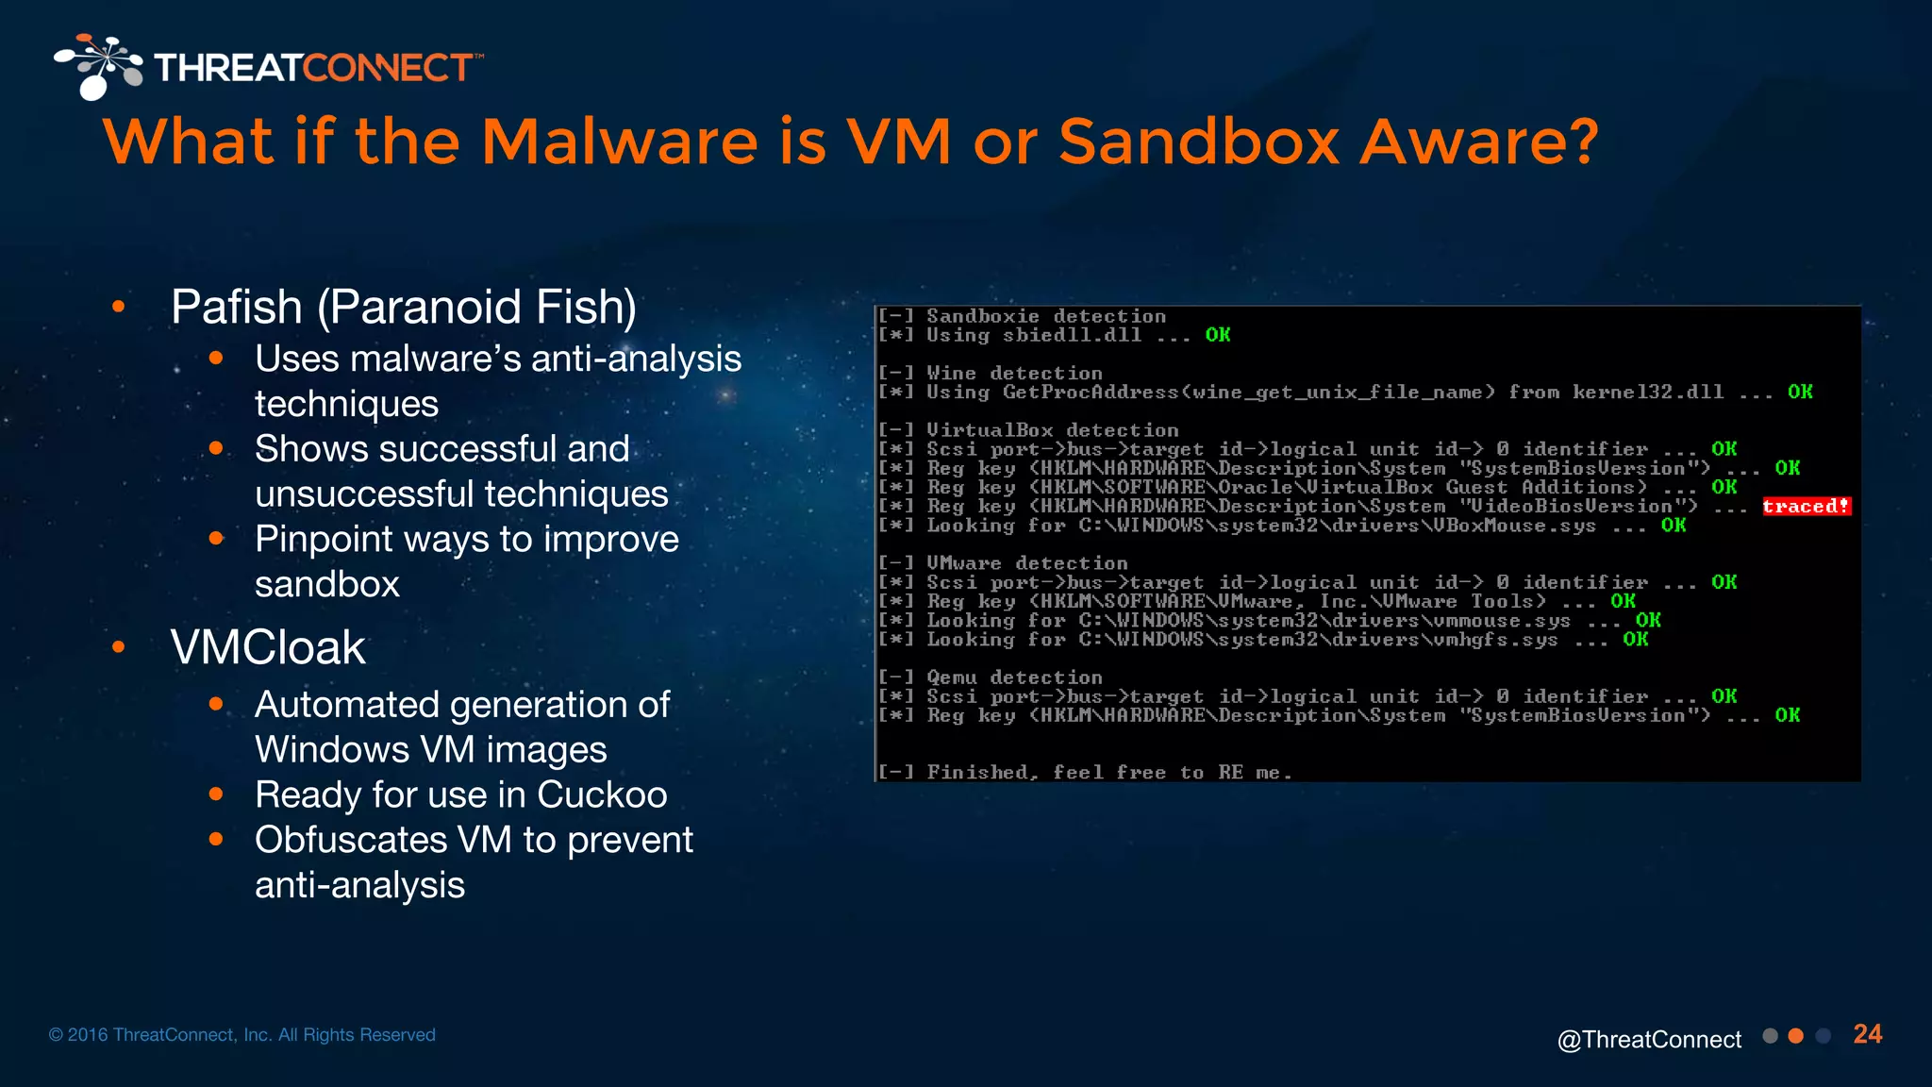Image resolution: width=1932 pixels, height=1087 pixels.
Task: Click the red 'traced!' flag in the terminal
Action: pos(1806,507)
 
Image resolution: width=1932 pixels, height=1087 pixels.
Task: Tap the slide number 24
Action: pos(1867,1034)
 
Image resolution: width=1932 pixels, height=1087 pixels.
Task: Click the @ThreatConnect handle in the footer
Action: pos(1649,1039)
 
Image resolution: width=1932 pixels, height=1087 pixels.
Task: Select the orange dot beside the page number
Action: pos(1796,1036)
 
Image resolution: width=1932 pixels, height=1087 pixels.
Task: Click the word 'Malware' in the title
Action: pos(620,142)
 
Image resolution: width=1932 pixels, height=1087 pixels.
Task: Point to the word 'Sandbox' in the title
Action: pos(1198,142)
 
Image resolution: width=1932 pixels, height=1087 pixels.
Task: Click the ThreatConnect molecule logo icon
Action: pos(98,66)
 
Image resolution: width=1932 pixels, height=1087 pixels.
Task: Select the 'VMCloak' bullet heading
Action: pos(268,647)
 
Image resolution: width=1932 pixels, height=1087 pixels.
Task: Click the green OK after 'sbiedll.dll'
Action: pos(1218,335)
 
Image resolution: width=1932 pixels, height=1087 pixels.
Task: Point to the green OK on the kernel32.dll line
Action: pos(1800,392)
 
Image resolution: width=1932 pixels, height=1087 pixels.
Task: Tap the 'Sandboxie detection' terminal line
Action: pos(1045,316)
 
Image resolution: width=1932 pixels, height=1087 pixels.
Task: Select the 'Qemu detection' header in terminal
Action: pos(1014,677)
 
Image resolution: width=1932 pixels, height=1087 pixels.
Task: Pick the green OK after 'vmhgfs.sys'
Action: pos(1636,640)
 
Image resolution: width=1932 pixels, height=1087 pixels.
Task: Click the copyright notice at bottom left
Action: pos(242,1035)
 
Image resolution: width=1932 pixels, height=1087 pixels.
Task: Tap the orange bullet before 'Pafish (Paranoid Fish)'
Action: pos(119,306)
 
